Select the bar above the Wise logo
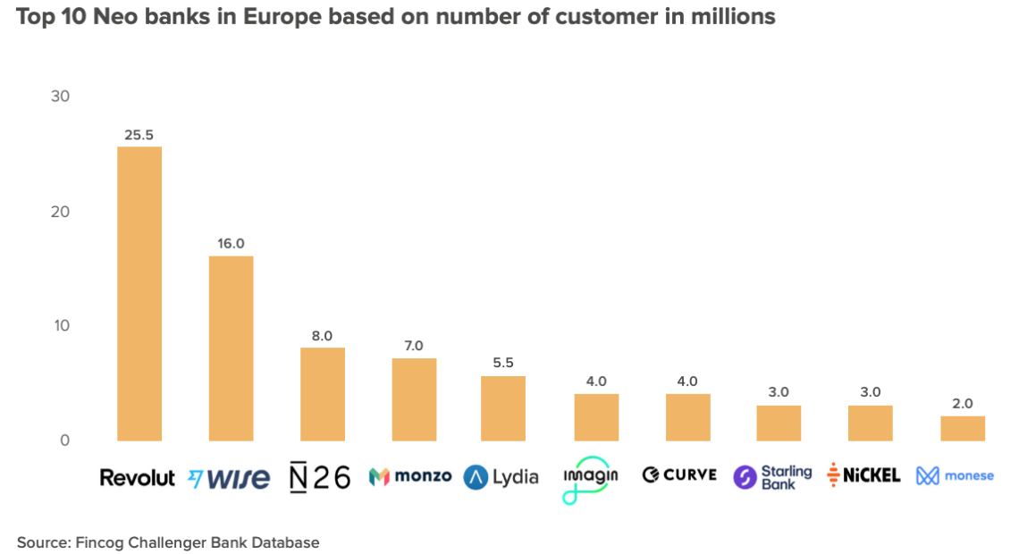click(231, 348)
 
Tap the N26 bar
click(322, 394)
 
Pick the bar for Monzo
click(414, 399)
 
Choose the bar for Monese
click(962, 428)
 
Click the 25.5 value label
click(139, 135)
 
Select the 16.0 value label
click(231, 244)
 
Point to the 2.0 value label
click(962, 403)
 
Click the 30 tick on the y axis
click(61, 97)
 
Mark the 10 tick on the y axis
click(61, 325)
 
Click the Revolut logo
click(137, 477)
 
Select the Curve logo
click(679, 474)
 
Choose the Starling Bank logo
click(772, 477)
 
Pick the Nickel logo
click(863, 475)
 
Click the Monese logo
click(955, 475)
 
